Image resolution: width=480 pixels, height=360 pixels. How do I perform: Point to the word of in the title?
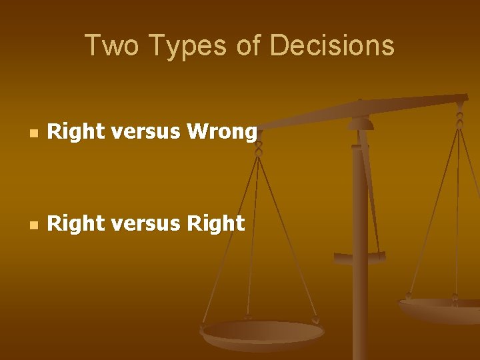pyautogui.click(x=247, y=46)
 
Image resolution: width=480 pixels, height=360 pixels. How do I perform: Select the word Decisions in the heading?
pyautogui.click(x=332, y=46)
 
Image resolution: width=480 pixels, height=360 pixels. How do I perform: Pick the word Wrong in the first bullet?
pyautogui.click(x=221, y=132)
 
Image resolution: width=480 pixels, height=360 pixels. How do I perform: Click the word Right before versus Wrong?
pyautogui.click(x=77, y=132)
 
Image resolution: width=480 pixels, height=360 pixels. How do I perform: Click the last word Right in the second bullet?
pyautogui.click(x=215, y=223)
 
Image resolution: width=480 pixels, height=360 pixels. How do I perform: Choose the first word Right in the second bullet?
pyautogui.click(x=77, y=223)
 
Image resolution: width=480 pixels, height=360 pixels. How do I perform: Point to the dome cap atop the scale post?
pyautogui.click(x=361, y=123)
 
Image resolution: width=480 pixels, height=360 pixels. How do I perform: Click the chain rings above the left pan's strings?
pyautogui.click(x=259, y=147)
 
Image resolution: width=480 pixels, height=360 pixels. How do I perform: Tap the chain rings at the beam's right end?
pyautogui.click(x=459, y=119)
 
